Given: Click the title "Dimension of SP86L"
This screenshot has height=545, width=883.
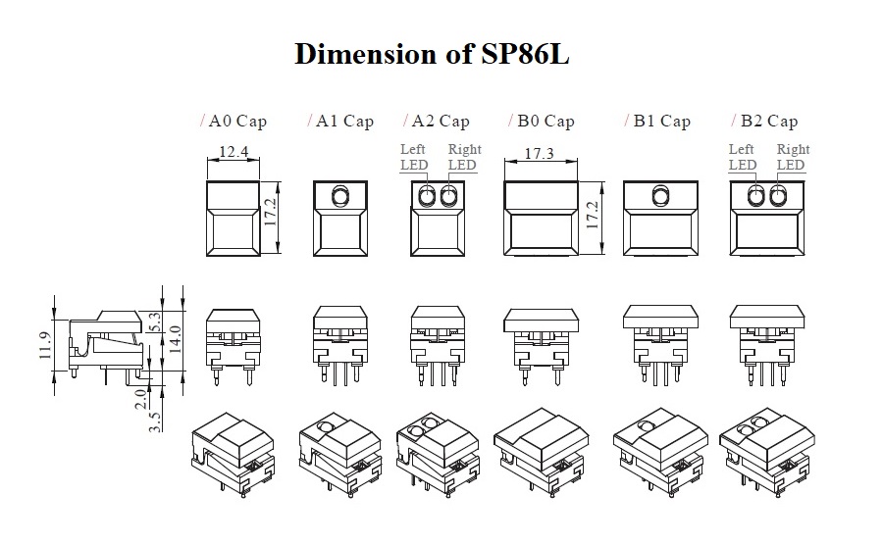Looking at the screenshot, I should point(432,54).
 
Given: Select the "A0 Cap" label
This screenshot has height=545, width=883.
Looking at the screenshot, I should point(236,122).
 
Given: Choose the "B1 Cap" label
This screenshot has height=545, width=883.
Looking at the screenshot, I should point(661,122).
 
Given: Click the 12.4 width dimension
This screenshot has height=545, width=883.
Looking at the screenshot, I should point(234,152).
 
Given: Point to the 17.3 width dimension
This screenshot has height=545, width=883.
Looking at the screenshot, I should point(540,154).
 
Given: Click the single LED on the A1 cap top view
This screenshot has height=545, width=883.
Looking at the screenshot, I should point(339,197).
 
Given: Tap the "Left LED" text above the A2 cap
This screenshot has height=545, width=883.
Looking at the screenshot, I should point(413,157).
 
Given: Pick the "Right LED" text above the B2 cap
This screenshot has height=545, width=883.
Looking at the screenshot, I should point(792,157).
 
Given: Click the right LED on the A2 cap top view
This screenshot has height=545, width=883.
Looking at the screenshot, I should point(450,198).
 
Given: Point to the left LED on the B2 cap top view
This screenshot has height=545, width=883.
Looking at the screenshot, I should point(755,198).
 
